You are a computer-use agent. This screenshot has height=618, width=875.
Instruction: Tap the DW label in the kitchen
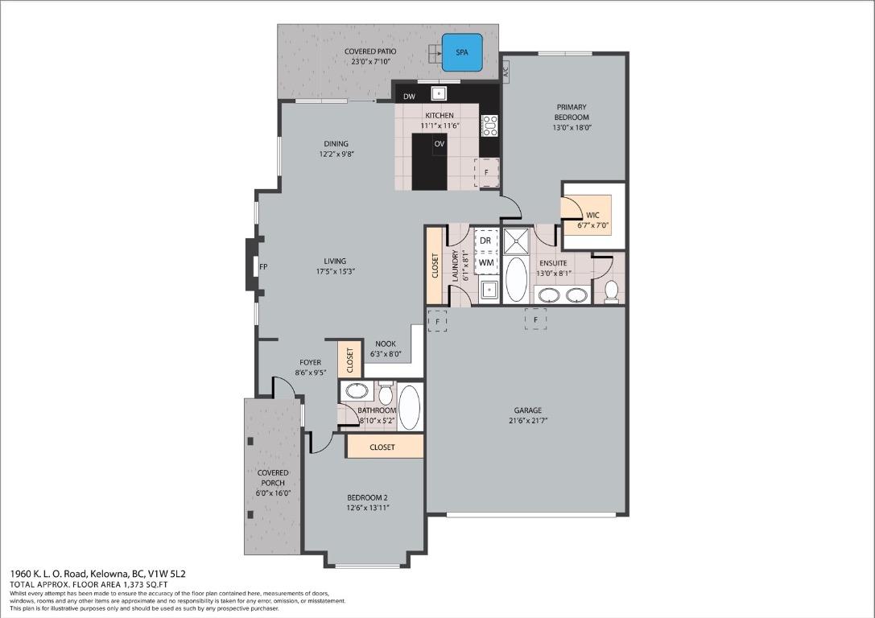pyautogui.click(x=409, y=97)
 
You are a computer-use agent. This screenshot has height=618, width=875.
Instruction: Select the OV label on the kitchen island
pyautogui.click(x=440, y=144)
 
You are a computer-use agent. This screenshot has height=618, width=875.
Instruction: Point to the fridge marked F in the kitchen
pyautogui.click(x=486, y=172)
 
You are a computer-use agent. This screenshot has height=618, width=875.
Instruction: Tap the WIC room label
pyautogui.click(x=592, y=215)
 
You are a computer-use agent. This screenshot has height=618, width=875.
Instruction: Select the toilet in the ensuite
pyautogui.click(x=610, y=289)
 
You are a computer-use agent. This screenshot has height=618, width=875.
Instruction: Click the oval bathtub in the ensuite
pyautogui.click(x=515, y=279)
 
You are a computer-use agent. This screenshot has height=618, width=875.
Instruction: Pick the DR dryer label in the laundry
pyautogui.click(x=485, y=241)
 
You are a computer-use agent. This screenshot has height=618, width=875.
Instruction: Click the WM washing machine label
pyautogui.click(x=485, y=262)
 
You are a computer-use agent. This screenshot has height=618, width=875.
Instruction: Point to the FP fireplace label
pyautogui.click(x=263, y=266)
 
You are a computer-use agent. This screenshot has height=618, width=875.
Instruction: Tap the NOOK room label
pyautogui.click(x=385, y=344)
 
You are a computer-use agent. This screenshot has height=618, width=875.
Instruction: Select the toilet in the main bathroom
pyautogui.click(x=386, y=394)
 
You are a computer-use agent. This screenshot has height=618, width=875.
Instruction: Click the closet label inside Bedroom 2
pyautogui.click(x=382, y=447)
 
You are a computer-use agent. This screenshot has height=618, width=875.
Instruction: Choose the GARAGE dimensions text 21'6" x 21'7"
pyautogui.click(x=527, y=421)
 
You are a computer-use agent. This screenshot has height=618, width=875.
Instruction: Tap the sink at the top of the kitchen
pyautogui.click(x=440, y=92)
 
